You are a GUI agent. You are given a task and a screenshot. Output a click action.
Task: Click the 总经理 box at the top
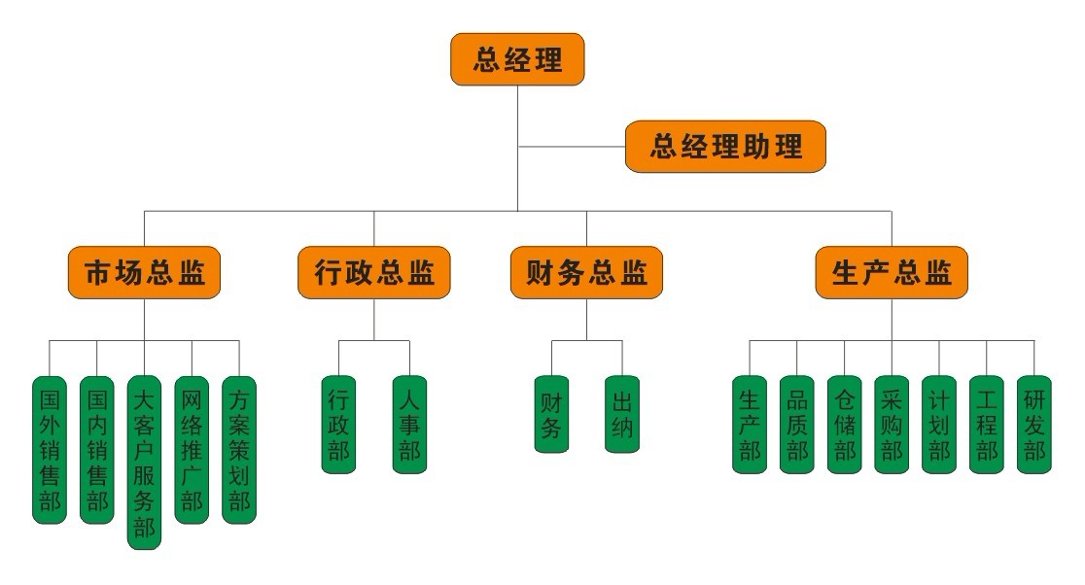click(x=518, y=60)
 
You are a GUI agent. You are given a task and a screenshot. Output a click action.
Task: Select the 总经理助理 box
click(x=725, y=147)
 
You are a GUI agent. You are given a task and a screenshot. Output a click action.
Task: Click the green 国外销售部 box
click(x=50, y=450)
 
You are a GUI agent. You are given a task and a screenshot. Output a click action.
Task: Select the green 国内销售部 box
click(x=97, y=450)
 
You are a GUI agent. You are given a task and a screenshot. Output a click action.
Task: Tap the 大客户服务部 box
click(x=144, y=463)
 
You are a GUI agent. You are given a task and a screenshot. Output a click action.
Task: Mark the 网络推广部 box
click(x=192, y=450)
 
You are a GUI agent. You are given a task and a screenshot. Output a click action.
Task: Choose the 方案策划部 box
click(x=239, y=450)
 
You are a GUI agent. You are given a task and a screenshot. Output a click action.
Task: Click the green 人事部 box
click(x=409, y=425)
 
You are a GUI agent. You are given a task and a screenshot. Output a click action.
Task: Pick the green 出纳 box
click(x=622, y=414)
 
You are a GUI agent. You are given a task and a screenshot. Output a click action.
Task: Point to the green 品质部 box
click(x=796, y=425)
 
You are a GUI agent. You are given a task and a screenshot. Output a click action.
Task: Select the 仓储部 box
click(x=844, y=425)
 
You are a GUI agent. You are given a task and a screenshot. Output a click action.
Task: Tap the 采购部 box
click(x=891, y=425)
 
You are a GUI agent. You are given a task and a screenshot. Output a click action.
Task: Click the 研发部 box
click(x=1033, y=425)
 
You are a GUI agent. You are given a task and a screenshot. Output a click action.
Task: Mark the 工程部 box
click(x=986, y=425)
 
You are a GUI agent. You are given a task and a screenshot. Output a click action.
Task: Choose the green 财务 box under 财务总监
click(x=551, y=414)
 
